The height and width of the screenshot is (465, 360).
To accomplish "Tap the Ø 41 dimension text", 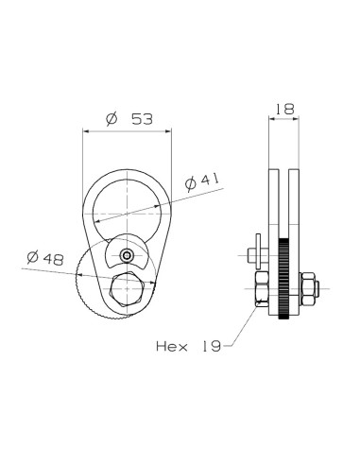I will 203,180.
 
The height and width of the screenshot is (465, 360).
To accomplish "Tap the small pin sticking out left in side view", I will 248,252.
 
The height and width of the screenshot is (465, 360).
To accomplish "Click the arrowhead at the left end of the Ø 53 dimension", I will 88,130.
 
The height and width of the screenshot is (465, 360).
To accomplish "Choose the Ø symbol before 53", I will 111,120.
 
